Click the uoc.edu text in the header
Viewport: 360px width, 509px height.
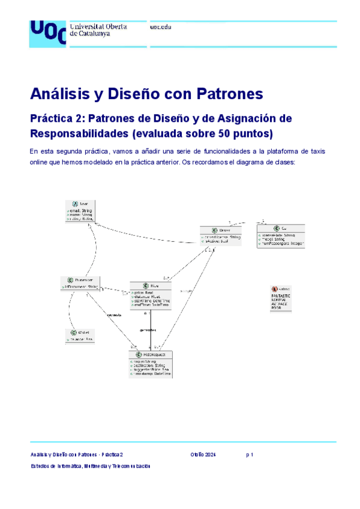(160, 28)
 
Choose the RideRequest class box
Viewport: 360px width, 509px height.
(150, 364)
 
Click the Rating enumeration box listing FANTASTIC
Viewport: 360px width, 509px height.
(282, 298)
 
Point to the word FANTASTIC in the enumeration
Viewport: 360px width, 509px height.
(281, 297)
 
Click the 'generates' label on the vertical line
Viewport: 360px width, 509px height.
(148, 330)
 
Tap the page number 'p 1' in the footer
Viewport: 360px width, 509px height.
(250, 455)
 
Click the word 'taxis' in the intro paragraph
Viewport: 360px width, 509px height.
(316, 151)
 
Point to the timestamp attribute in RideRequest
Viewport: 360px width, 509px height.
(151, 374)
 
